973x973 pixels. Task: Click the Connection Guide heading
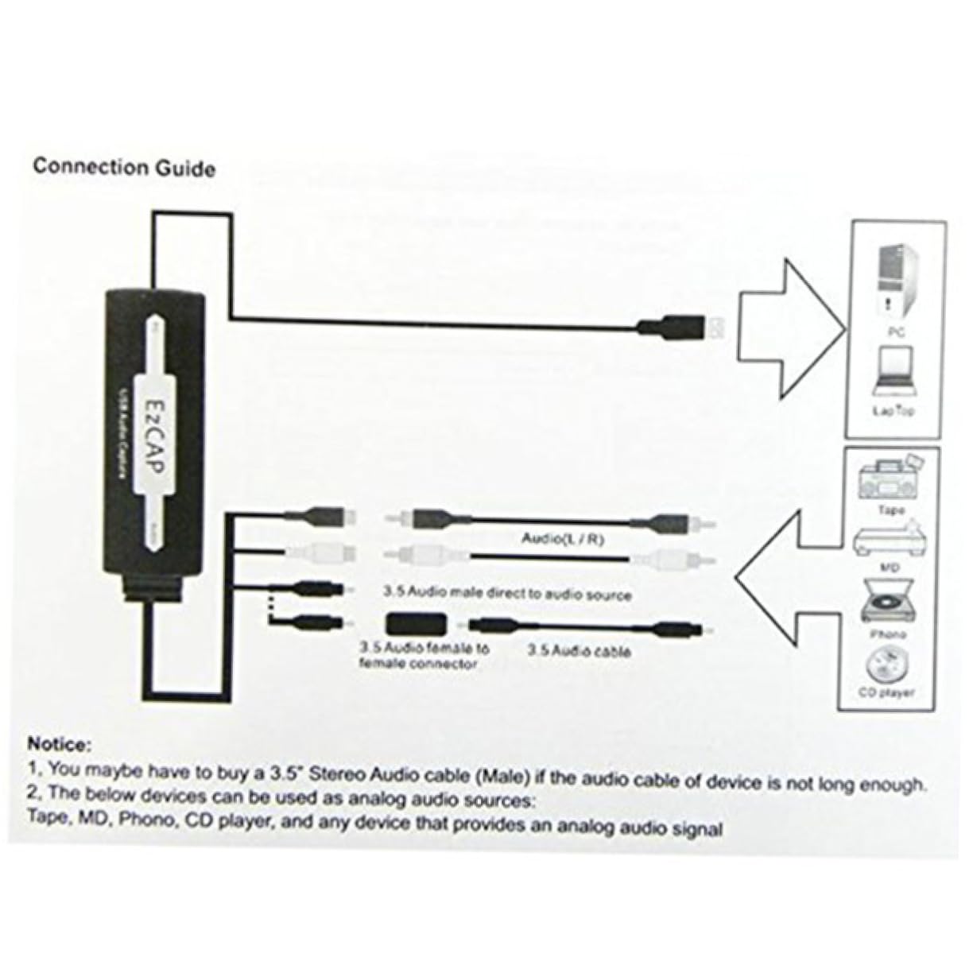click(123, 168)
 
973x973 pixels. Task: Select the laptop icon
click(893, 371)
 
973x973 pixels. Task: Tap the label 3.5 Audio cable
click(579, 651)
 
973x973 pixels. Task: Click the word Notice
click(60, 745)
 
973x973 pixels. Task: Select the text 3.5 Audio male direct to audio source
click(507, 594)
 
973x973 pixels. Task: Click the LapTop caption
click(894, 411)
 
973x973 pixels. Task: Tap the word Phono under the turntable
click(888, 634)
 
